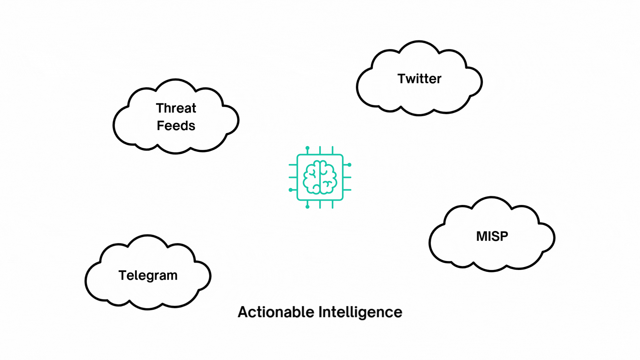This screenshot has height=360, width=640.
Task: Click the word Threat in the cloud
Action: (x=176, y=108)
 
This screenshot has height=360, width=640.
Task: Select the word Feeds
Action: (x=176, y=126)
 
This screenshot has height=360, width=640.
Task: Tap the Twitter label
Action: (x=419, y=79)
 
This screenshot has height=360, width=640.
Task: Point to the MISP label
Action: (x=492, y=236)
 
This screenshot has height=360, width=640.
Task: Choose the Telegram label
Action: (x=148, y=276)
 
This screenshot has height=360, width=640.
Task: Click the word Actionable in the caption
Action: (x=276, y=312)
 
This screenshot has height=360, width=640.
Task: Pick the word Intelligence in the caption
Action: (x=360, y=312)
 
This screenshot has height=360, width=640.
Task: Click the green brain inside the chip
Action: (x=320, y=177)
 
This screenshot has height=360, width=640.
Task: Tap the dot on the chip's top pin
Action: (x=307, y=148)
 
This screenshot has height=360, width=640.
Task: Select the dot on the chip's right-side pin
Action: (x=349, y=165)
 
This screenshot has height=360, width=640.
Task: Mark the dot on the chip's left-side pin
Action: (x=291, y=190)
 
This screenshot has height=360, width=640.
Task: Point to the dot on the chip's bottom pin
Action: (x=307, y=207)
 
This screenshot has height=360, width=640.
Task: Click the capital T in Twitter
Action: (x=402, y=79)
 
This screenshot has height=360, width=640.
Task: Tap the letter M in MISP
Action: (x=481, y=236)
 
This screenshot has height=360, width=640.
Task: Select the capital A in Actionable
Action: (x=243, y=312)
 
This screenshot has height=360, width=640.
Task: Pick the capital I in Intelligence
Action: (x=320, y=312)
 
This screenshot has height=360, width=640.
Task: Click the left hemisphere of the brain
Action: (x=312, y=177)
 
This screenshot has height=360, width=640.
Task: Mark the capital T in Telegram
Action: (x=122, y=275)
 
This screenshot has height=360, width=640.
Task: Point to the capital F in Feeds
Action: (x=160, y=126)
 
